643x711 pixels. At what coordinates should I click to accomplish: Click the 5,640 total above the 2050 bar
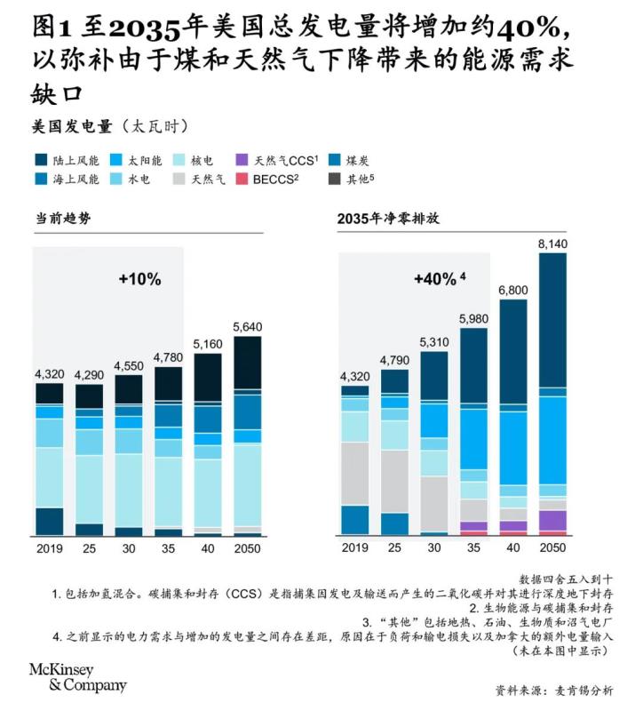point(247,325)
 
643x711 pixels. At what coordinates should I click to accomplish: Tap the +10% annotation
point(139,279)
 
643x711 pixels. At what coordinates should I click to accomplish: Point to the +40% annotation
point(439,279)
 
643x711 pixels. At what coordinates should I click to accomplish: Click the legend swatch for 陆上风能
point(41,161)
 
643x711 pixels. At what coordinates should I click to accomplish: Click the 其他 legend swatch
point(335,179)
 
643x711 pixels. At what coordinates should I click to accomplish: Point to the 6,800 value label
point(512,290)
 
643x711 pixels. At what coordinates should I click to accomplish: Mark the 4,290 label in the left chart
point(90,375)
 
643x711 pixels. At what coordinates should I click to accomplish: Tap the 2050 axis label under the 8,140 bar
point(552,548)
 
